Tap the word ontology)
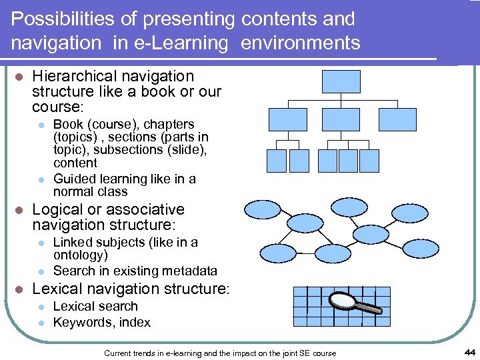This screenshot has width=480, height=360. (x=81, y=255)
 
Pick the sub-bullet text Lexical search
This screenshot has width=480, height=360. (x=95, y=307)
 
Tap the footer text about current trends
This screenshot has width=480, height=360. (x=220, y=353)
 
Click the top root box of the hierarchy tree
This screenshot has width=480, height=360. (x=341, y=81)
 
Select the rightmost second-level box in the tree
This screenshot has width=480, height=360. (x=397, y=119)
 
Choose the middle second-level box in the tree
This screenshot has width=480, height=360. (x=342, y=119)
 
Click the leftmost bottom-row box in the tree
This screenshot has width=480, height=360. (x=276, y=160)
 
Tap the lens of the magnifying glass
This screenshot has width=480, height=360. (x=342, y=301)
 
